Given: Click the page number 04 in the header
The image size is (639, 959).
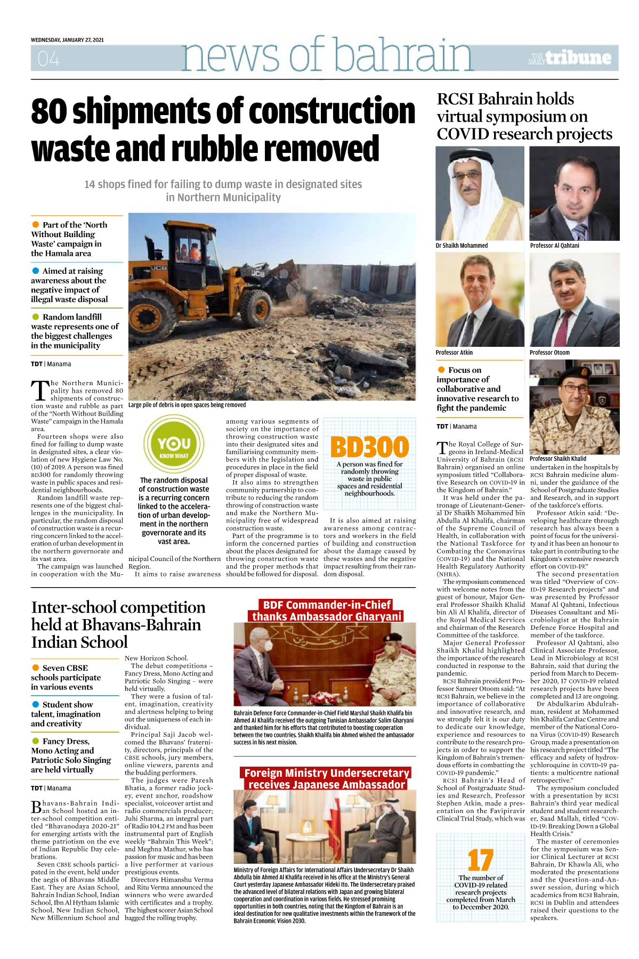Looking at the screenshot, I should pos(48,59).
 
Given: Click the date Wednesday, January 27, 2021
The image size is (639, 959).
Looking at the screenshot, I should pos(67,40).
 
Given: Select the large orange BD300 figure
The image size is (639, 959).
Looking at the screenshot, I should pos(369,447).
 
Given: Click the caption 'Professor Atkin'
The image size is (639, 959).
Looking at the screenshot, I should pos(454,353).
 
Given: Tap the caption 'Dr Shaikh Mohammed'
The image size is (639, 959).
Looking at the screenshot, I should pos(462,246).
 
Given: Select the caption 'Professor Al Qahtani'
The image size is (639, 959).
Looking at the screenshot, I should pos(554,246).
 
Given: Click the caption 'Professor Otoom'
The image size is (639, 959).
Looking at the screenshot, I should pos(549,353).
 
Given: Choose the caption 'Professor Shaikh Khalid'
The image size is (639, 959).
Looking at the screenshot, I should pos(557,458).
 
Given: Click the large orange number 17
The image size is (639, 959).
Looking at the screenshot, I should pos(480,860).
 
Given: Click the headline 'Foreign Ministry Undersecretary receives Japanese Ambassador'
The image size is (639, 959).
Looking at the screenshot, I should pos(327,778).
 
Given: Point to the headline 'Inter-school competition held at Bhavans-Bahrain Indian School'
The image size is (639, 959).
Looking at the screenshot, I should pos(118,624).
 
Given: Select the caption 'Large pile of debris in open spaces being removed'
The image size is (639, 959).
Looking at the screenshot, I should pos(187,405).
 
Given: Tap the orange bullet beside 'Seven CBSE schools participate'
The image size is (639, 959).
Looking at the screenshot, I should pos(36,668).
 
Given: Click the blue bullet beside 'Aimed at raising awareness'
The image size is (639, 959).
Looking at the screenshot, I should pos(36,271).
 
